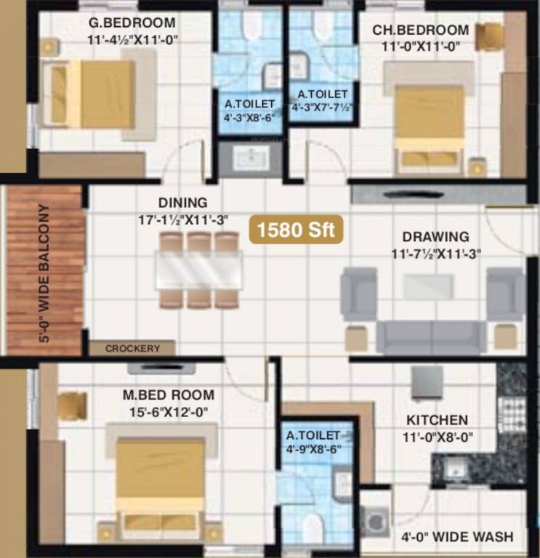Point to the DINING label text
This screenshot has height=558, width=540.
click(x=182, y=203)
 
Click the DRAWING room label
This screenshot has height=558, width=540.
click(x=436, y=237)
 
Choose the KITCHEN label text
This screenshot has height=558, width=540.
click(x=437, y=420)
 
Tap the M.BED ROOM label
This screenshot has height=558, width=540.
click(x=168, y=395)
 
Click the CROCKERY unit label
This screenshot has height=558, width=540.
click(x=132, y=349)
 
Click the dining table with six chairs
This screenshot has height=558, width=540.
click(x=199, y=270)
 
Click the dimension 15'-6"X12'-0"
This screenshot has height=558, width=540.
click(x=168, y=412)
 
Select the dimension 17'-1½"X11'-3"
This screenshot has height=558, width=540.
click(x=182, y=218)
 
